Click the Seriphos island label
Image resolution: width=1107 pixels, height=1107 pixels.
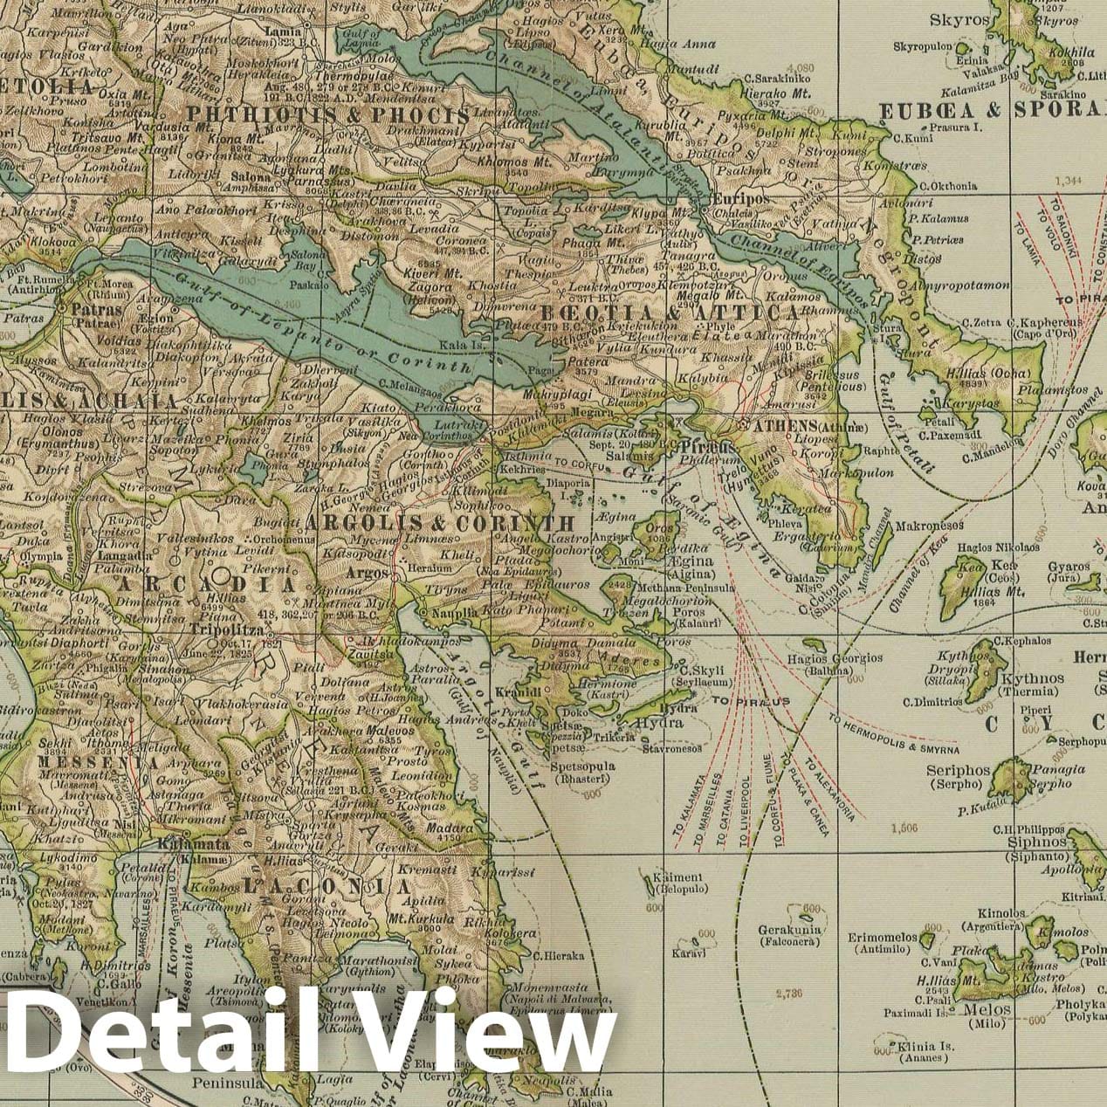pos(959,772)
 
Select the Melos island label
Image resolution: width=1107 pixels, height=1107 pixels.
pos(987,1010)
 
